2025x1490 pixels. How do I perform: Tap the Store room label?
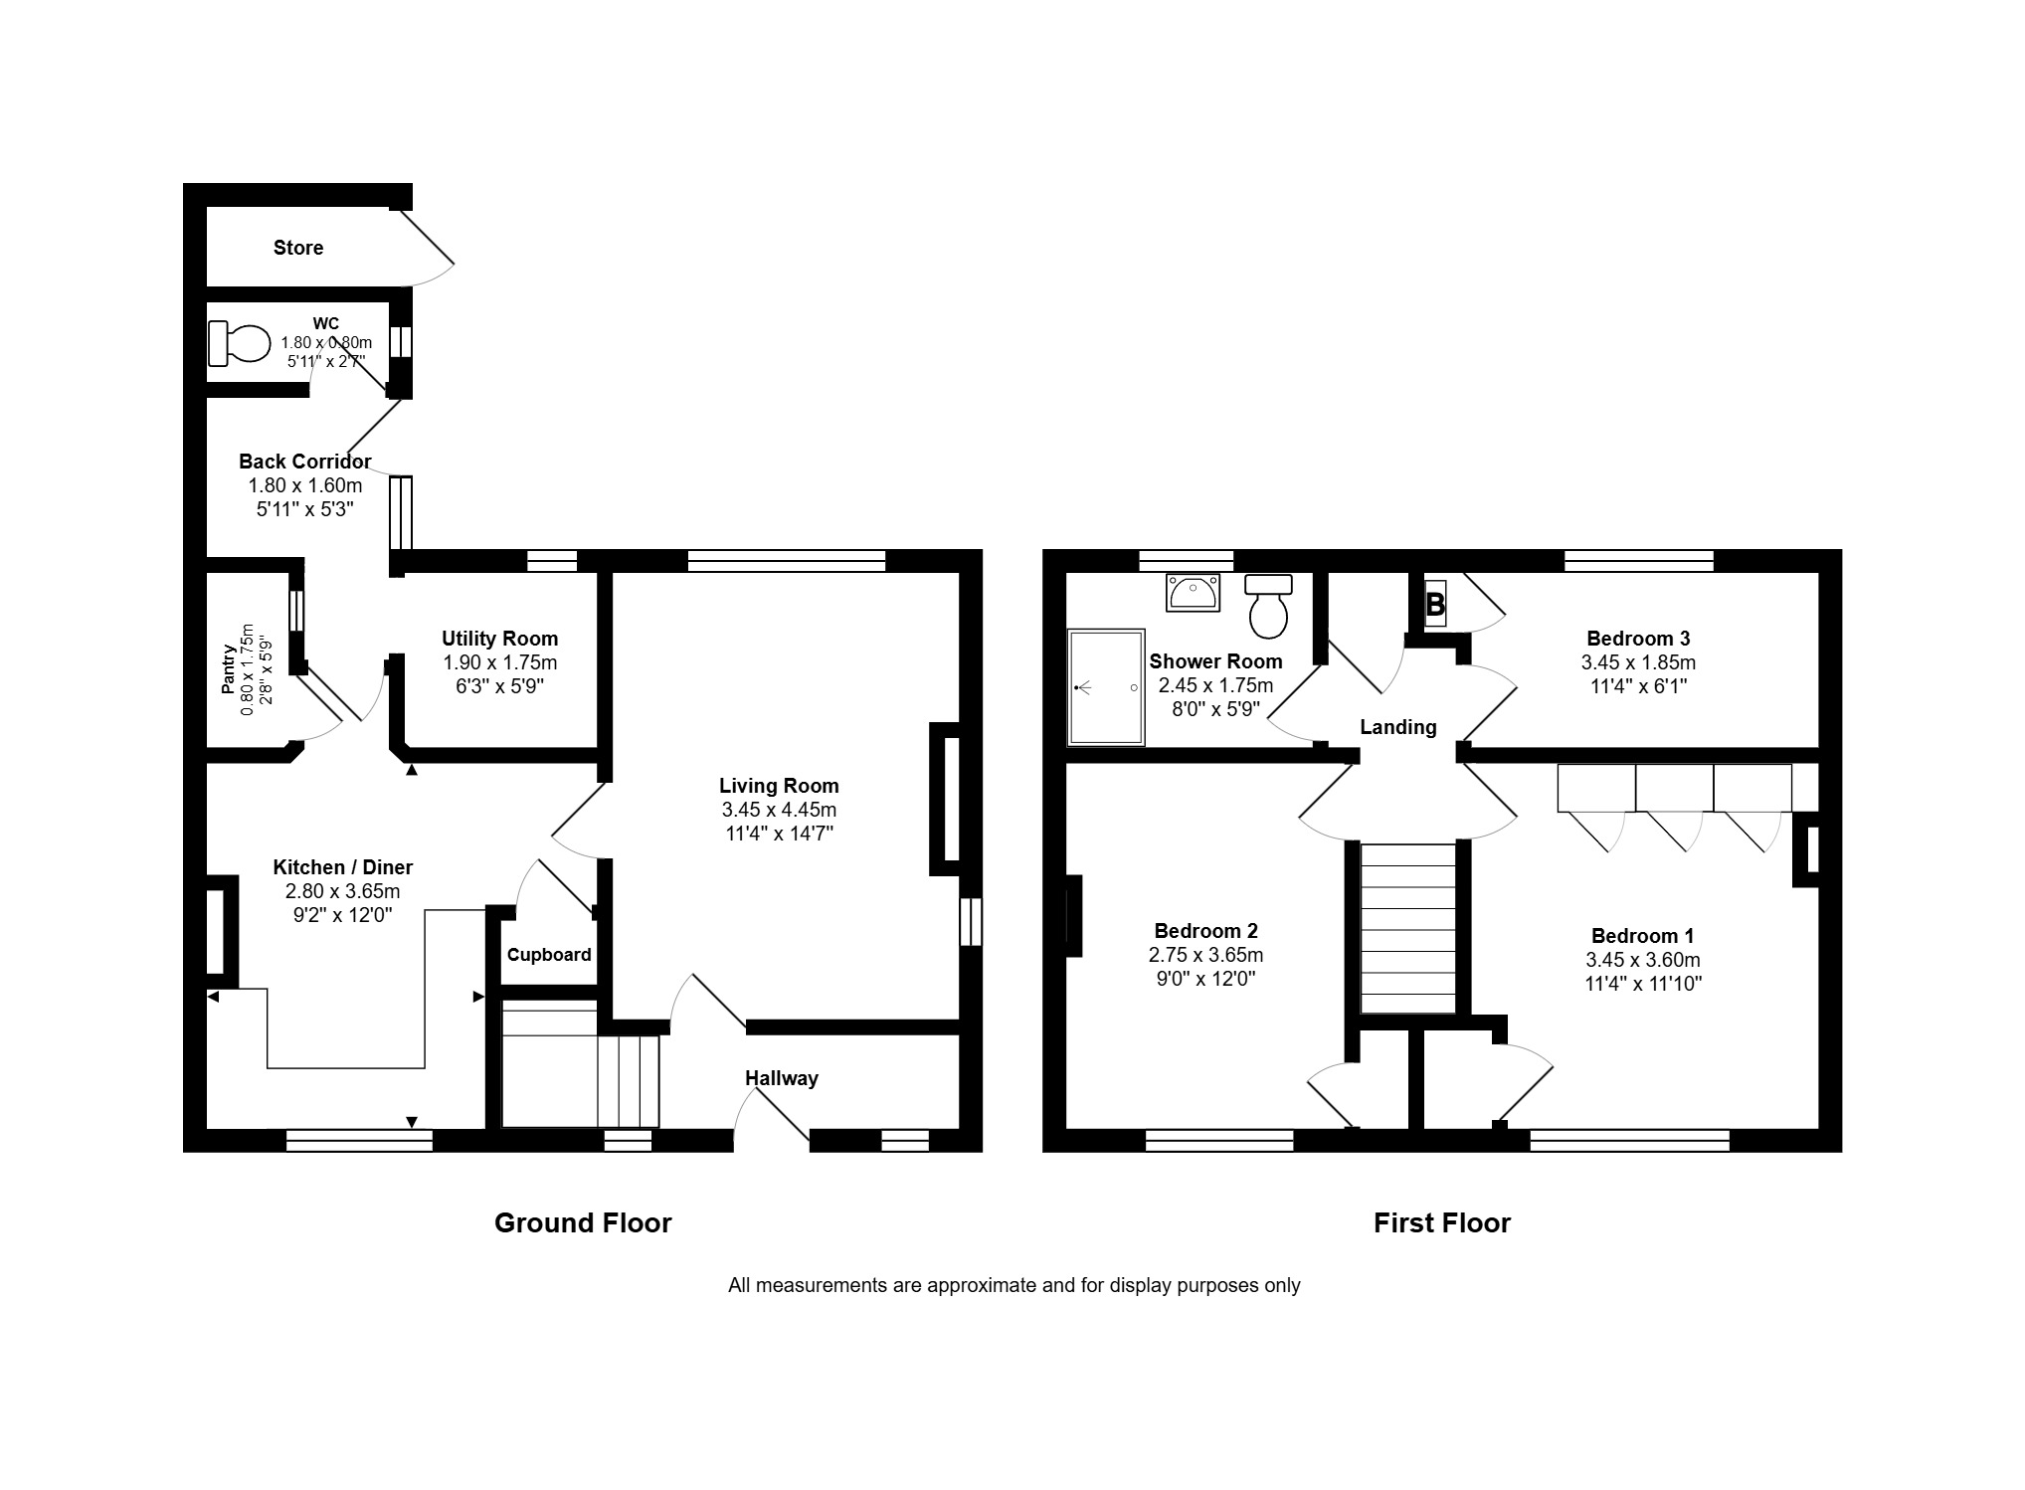pos(298,248)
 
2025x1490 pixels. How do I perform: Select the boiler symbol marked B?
pos(1435,604)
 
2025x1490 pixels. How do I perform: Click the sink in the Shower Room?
pos(1193,592)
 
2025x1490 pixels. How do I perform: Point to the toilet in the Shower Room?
pos(1268,606)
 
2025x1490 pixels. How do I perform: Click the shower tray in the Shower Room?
pos(1106,686)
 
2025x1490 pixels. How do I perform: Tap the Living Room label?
pos(779,786)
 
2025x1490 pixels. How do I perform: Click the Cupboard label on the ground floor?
pos(549,955)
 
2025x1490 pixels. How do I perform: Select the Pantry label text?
pos(229,669)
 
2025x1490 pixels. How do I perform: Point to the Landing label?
pos(1398,727)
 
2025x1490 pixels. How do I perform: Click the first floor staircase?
pos(1407,929)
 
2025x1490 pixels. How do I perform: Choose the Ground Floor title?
pos(583,1222)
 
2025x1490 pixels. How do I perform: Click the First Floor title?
pos(1442,1222)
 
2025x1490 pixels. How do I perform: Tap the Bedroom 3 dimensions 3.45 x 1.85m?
pos(1638,662)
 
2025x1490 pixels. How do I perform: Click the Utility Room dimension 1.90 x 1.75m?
pos(499,662)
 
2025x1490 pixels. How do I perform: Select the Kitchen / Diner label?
pos(343,868)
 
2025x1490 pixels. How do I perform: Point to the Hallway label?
pos(782,1078)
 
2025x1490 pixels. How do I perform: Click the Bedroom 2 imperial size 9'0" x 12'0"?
pos(1205,979)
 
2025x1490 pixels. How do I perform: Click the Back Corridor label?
pos(304,462)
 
